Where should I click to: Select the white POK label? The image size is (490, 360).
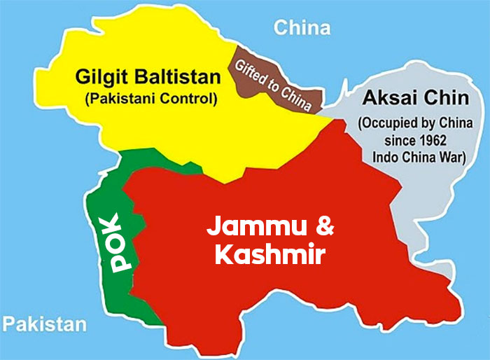[x=120, y=242]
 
